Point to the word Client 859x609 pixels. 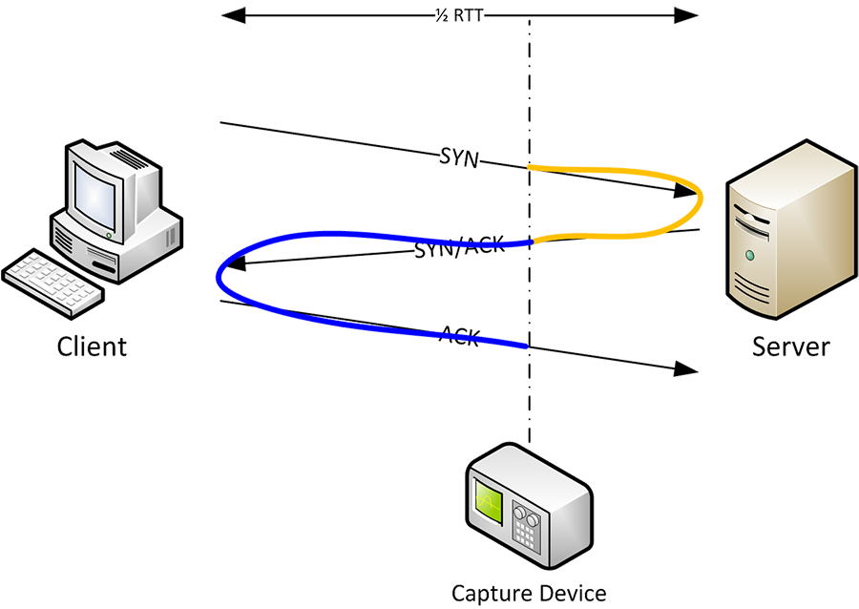tap(92, 345)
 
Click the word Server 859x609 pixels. tap(792, 345)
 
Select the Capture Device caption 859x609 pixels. tap(529, 593)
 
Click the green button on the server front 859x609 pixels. tap(750, 255)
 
